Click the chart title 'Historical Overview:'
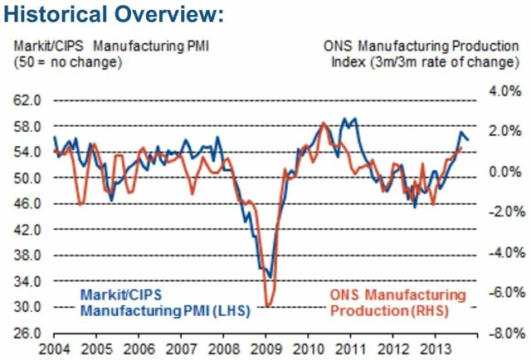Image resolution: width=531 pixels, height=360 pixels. [x=114, y=16]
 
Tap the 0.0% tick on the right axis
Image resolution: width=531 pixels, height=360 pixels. [x=503, y=171]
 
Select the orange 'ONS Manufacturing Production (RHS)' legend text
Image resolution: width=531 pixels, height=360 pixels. [x=397, y=304]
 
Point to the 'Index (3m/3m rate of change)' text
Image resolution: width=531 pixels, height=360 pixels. [x=441, y=61]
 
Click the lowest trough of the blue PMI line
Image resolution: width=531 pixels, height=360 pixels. [x=270, y=278]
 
